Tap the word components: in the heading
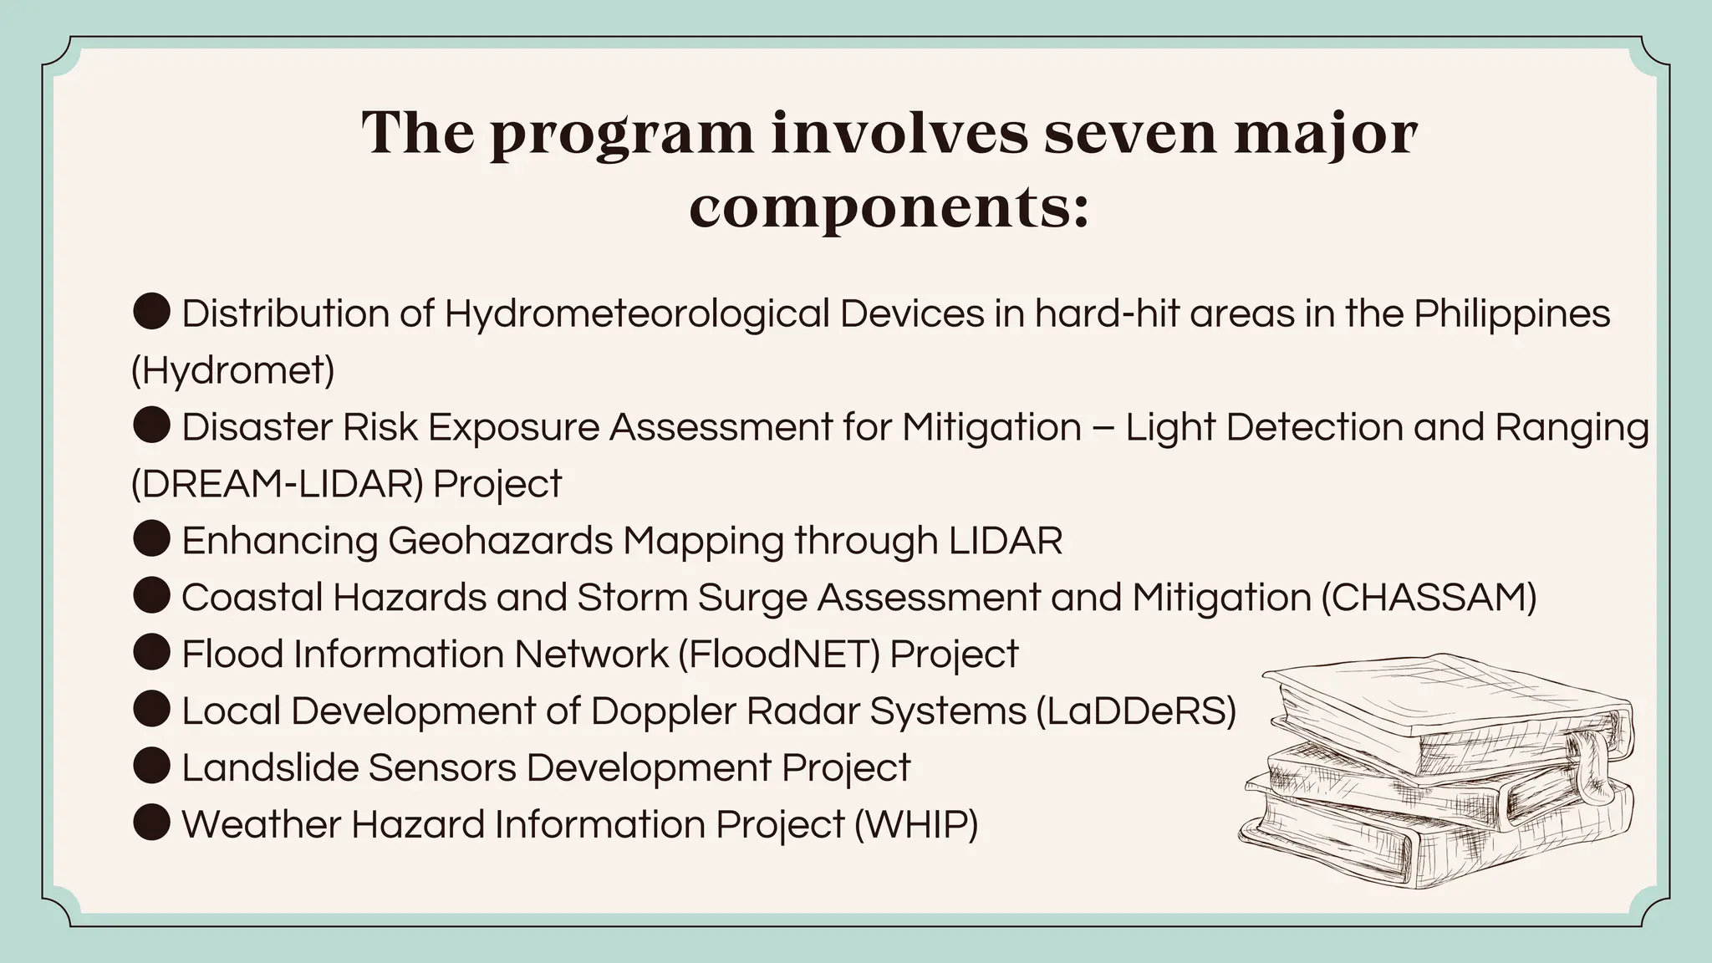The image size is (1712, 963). click(889, 207)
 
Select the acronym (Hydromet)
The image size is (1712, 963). click(232, 370)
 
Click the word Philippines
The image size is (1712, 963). click(1511, 314)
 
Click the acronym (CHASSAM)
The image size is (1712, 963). click(1429, 598)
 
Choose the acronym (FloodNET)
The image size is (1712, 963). click(778, 654)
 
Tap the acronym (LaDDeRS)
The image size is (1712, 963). click(1135, 711)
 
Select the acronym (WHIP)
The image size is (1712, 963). click(915, 824)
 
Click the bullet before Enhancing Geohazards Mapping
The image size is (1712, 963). click(151, 539)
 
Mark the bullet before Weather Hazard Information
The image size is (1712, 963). click(151, 823)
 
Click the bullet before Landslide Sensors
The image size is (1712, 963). click(151, 767)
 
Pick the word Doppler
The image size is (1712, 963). click(663, 711)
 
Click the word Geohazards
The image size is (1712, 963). click(500, 541)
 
